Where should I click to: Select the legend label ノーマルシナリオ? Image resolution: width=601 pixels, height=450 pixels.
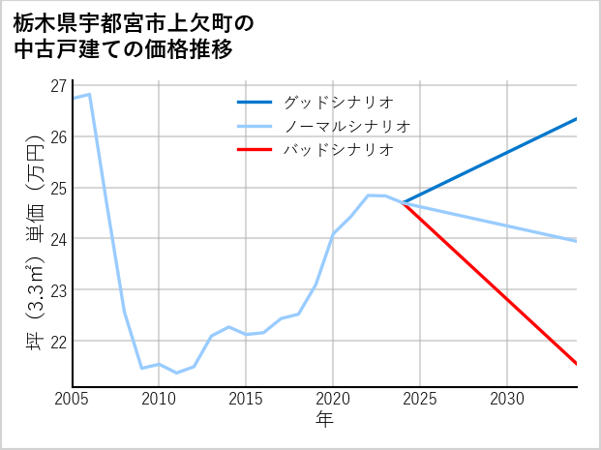coord(347,126)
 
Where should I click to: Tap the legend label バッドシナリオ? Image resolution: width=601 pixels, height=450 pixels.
coord(339,150)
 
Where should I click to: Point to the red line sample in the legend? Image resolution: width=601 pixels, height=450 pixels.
coord(255,150)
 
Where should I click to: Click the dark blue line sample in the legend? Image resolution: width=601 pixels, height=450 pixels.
coord(255,102)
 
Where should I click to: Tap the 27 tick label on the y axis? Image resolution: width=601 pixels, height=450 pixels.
coord(59,85)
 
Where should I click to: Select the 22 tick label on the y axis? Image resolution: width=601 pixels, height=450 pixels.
coord(59,342)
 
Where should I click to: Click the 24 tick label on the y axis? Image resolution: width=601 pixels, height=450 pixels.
coord(59,239)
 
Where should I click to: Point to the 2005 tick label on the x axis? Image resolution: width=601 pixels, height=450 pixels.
coord(73,399)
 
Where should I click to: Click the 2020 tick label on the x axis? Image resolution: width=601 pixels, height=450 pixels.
coord(334,399)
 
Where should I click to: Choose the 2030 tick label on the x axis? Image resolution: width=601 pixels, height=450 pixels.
coord(508,399)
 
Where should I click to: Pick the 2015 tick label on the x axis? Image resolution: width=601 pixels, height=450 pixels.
coord(247,399)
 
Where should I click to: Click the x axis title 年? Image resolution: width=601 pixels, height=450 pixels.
coord(325,420)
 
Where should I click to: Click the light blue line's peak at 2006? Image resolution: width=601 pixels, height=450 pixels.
coord(90,94)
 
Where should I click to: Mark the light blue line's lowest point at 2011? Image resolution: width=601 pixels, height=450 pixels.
coord(177,373)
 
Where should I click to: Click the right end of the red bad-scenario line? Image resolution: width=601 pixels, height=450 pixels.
coord(577,364)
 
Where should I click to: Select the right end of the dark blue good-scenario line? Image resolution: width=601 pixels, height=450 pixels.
coord(577,119)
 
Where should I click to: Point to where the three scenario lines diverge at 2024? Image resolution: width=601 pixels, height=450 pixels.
coord(404,202)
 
